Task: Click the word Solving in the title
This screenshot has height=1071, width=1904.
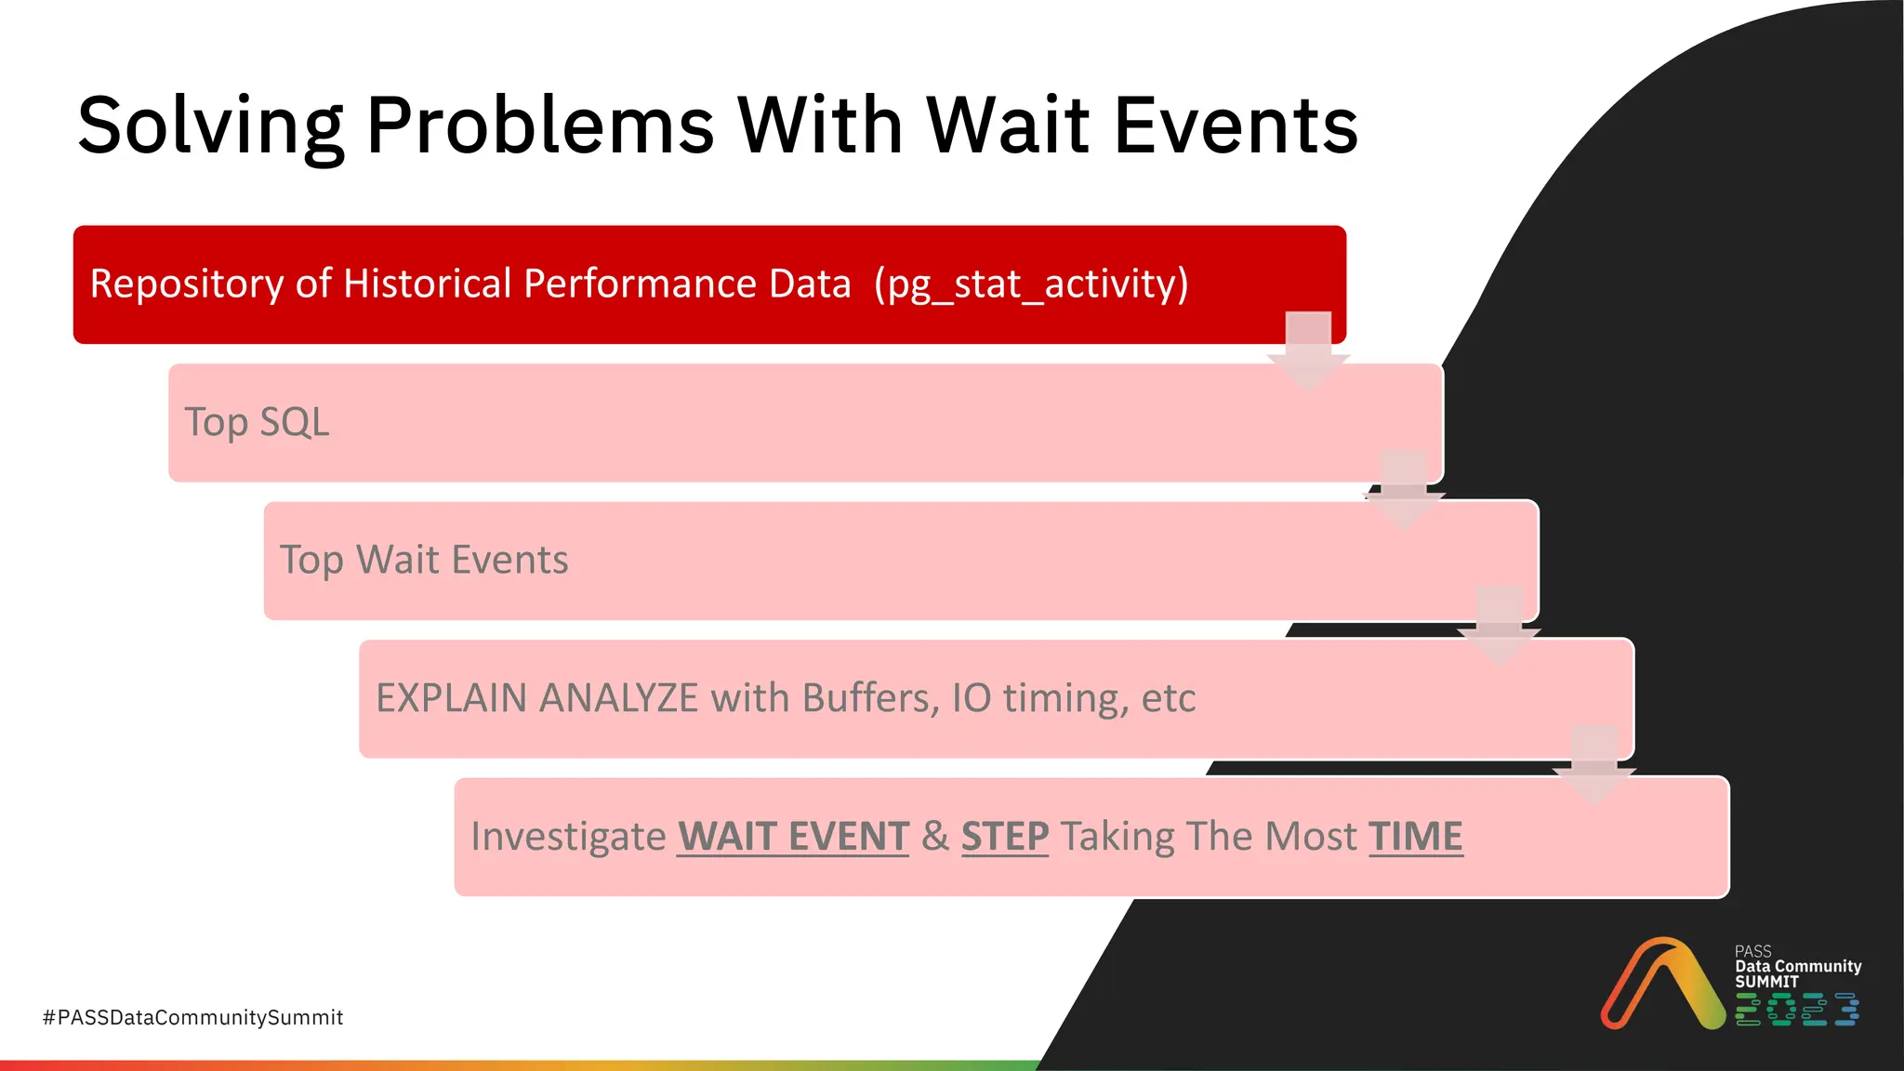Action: pos(210,126)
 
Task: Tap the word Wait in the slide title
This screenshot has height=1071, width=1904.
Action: pos(1008,126)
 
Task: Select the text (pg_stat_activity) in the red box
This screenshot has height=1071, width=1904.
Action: pos(1031,284)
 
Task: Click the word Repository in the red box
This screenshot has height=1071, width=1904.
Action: pos(186,284)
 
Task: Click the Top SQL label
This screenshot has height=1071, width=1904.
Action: pos(257,422)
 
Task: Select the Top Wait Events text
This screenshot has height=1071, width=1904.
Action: pos(424,561)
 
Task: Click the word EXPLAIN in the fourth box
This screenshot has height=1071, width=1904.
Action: pos(451,698)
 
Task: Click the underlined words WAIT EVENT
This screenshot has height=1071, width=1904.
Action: pos(792,836)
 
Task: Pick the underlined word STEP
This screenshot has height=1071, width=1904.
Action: pos(1004,836)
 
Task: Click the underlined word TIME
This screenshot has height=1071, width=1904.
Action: pos(1415,836)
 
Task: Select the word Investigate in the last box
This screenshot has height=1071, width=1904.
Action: pos(568,836)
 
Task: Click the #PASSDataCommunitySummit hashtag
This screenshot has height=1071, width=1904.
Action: pos(192,1017)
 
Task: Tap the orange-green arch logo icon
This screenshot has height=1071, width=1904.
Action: pos(1662,984)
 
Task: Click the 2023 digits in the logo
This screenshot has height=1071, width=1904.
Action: pos(1796,1010)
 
